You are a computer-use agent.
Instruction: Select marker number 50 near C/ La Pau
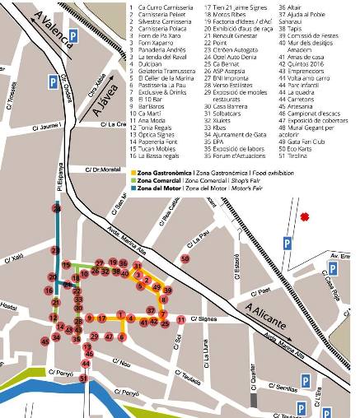pyautogui.click(x=185, y=259)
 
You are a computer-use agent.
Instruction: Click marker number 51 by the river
pyautogui.click(x=84, y=379)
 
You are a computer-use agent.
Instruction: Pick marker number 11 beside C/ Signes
pyautogui.click(x=180, y=319)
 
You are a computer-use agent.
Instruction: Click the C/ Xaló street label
pyautogui.click(x=16, y=258)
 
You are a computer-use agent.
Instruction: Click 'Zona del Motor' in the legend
pyautogui.click(x=157, y=188)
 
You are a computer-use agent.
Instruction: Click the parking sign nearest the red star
pyautogui.click(x=287, y=244)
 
